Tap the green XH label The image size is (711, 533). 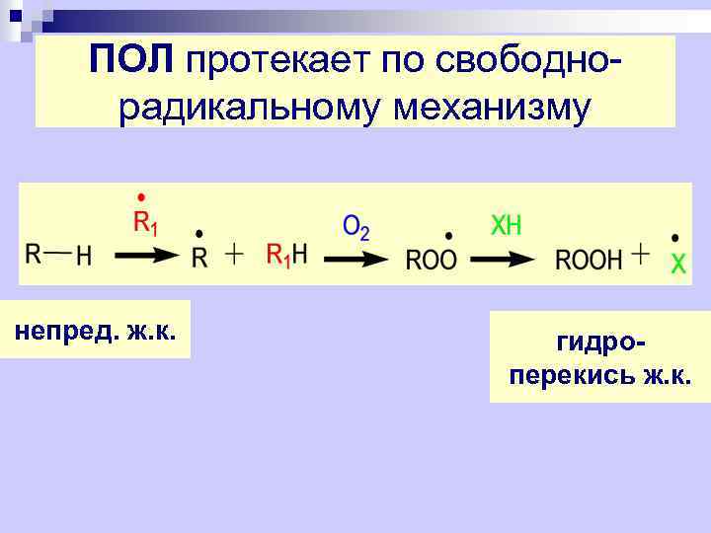[506, 226]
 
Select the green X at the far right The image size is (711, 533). [677, 264]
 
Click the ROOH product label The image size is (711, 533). [589, 260]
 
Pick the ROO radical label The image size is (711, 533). [432, 260]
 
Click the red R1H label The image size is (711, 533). [287, 256]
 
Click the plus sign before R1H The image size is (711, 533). [234, 255]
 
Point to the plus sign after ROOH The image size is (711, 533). [640, 255]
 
